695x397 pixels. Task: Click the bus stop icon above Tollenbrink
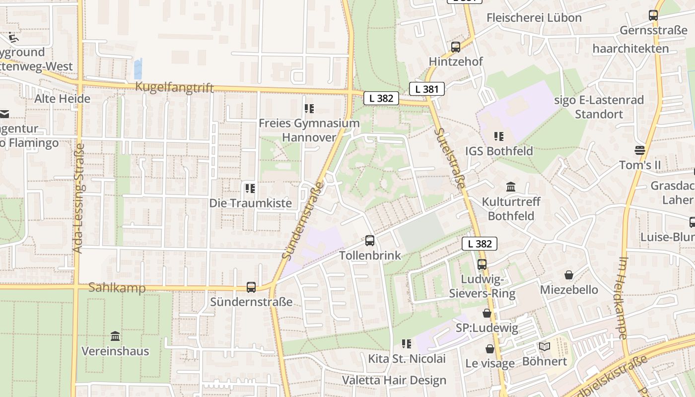point(370,241)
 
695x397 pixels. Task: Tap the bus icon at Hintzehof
point(455,47)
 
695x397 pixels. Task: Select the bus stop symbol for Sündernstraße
point(251,287)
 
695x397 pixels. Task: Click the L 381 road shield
point(426,89)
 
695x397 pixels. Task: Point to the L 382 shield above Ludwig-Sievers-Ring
point(480,243)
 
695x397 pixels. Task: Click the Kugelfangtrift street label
point(175,88)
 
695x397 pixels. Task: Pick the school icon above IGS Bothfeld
point(499,136)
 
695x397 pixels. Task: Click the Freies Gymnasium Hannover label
point(309,130)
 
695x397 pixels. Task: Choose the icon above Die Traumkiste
point(250,189)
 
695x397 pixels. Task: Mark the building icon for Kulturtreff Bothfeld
point(511,187)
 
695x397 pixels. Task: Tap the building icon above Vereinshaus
point(115,336)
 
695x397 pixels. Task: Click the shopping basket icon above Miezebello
point(569,274)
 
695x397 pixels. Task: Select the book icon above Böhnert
point(545,346)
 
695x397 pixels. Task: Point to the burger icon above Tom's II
point(639,150)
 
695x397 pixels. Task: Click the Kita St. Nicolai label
point(407,358)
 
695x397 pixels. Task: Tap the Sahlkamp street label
point(117,288)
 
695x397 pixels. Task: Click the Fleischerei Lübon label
point(534,18)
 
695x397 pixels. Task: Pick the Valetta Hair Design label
point(394,381)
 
